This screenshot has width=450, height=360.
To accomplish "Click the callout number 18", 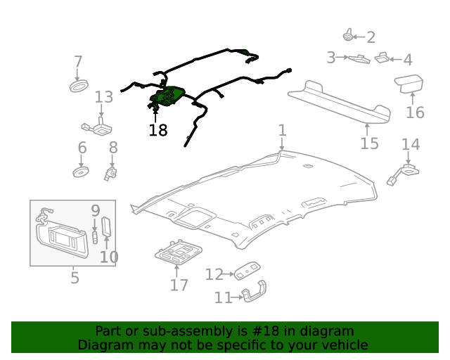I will click(x=158, y=130).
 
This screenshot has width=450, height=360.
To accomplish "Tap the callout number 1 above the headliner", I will click(x=282, y=130).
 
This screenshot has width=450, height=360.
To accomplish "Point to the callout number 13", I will click(x=103, y=96).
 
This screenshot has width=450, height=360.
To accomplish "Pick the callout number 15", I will click(x=369, y=143).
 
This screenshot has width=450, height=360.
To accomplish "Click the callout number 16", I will click(x=415, y=112).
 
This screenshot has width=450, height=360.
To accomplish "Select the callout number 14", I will click(x=410, y=145).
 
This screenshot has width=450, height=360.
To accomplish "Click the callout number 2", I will click(x=371, y=37).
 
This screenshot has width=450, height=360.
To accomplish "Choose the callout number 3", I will click(x=331, y=58).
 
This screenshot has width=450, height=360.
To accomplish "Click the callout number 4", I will click(x=406, y=60).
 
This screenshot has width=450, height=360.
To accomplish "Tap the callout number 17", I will click(x=179, y=284).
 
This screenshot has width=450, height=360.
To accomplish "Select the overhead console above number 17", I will click(x=179, y=252).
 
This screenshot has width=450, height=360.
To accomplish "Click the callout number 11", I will click(x=223, y=298).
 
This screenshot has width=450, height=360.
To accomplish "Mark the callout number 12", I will click(x=214, y=274).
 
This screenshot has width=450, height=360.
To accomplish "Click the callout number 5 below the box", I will click(x=75, y=278).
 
